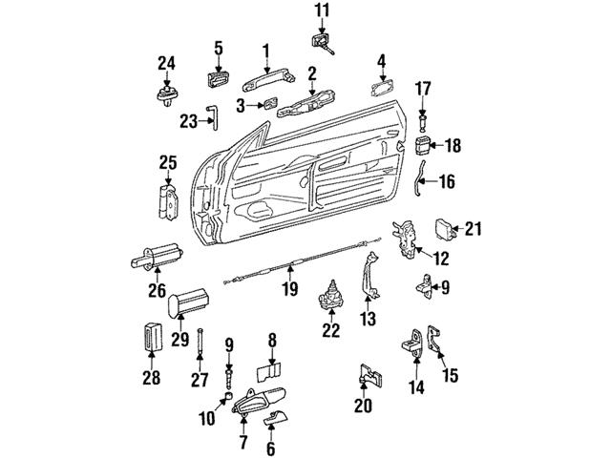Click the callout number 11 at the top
(x=322, y=10)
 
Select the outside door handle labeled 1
(x=268, y=80)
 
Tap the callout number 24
(x=166, y=64)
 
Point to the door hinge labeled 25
(x=168, y=203)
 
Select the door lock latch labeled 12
(x=405, y=239)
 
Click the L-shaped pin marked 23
(x=215, y=117)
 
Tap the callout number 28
(x=151, y=378)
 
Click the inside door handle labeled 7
(x=258, y=400)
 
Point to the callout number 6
(x=270, y=448)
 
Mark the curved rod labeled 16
(x=419, y=178)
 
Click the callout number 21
(x=474, y=229)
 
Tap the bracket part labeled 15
(x=432, y=339)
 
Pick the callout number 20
(x=363, y=405)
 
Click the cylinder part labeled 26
(x=158, y=257)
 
